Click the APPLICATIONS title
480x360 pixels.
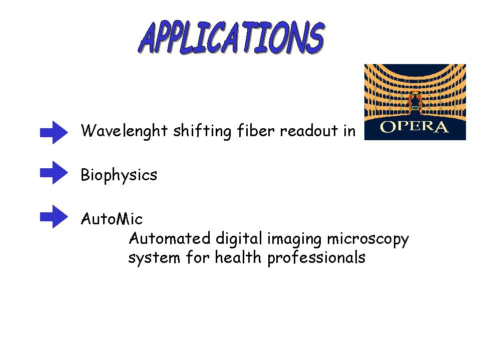(231, 38)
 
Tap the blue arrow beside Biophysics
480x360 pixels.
(54, 172)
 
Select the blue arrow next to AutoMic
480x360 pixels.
(54, 216)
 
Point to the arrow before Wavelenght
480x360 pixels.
(54, 132)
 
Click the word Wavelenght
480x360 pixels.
(124, 131)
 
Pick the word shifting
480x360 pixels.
(202, 131)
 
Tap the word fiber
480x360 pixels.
(256, 131)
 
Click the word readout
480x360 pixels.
(308, 131)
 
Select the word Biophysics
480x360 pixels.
(119, 176)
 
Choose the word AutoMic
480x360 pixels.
(112, 219)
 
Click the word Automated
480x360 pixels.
(170, 238)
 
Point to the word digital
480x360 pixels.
(239, 239)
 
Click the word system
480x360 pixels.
(154, 258)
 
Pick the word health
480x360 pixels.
(238, 257)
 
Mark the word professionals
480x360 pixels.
(316, 258)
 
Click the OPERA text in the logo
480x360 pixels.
(414, 127)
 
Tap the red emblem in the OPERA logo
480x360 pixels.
(415, 102)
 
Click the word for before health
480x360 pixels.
(197, 257)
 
